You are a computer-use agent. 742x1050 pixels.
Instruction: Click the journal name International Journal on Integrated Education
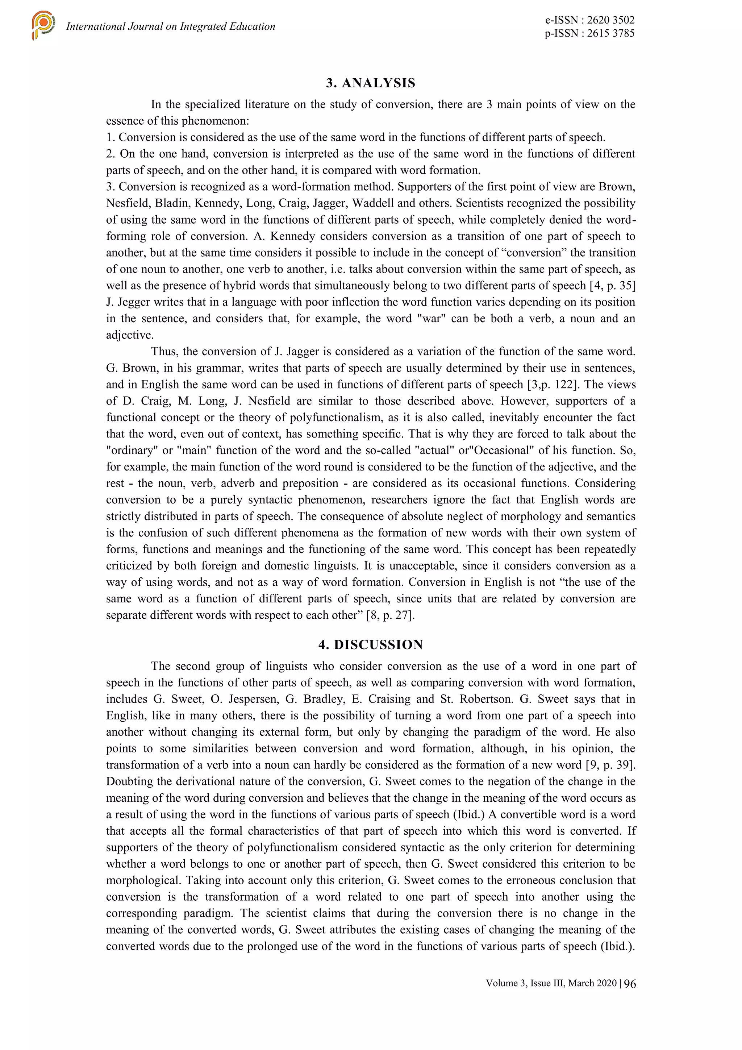pyautogui.click(x=171, y=26)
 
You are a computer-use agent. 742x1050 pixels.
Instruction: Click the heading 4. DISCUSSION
pyautogui.click(x=371, y=644)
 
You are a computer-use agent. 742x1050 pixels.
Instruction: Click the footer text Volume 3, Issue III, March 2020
pyautogui.click(x=551, y=983)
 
